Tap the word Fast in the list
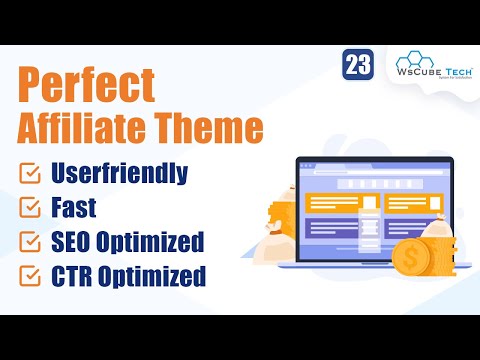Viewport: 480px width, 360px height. click(75, 208)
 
